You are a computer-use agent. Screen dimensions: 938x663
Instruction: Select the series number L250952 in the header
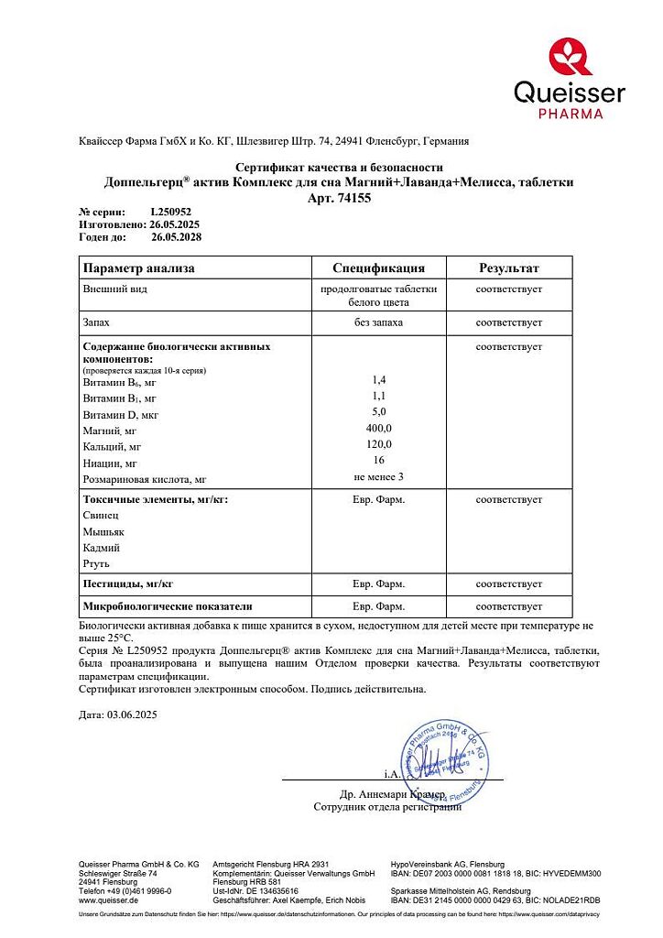click(172, 212)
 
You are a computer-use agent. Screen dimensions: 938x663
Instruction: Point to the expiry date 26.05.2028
click(175, 236)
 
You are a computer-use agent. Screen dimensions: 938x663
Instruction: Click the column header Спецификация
click(378, 268)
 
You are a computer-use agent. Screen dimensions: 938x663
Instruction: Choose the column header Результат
click(508, 268)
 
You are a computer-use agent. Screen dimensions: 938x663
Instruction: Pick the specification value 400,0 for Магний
click(378, 429)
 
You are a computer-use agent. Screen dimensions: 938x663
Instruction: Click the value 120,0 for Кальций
click(378, 444)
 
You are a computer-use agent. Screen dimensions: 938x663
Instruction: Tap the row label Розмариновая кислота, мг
click(146, 478)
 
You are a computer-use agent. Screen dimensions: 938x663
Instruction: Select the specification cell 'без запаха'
click(378, 323)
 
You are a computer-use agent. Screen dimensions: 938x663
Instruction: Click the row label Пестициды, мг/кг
click(128, 584)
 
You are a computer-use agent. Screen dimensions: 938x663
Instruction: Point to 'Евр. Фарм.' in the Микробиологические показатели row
click(378, 606)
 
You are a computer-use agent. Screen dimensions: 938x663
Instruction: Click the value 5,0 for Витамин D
click(378, 413)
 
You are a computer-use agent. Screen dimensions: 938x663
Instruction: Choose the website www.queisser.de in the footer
click(108, 900)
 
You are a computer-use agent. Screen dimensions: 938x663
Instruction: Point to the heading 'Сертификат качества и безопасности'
click(340, 168)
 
